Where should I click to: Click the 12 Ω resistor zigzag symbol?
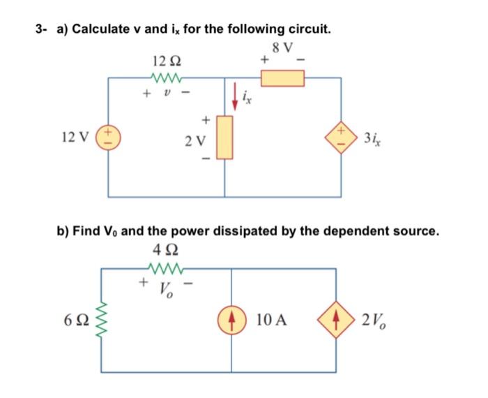(x=165, y=78)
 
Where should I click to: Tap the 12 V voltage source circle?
(x=108, y=137)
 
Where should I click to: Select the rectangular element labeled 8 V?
(x=282, y=78)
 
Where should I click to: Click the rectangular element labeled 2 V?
(x=224, y=138)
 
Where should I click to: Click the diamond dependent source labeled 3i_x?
(x=341, y=137)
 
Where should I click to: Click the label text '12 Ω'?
(x=165, y=61)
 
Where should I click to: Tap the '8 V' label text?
(x=284, y=47)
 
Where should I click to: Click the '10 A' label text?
(x=272, y=322)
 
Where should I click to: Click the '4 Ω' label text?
(x=165, y=251)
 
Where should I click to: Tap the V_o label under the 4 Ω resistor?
(x=165, y=288)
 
